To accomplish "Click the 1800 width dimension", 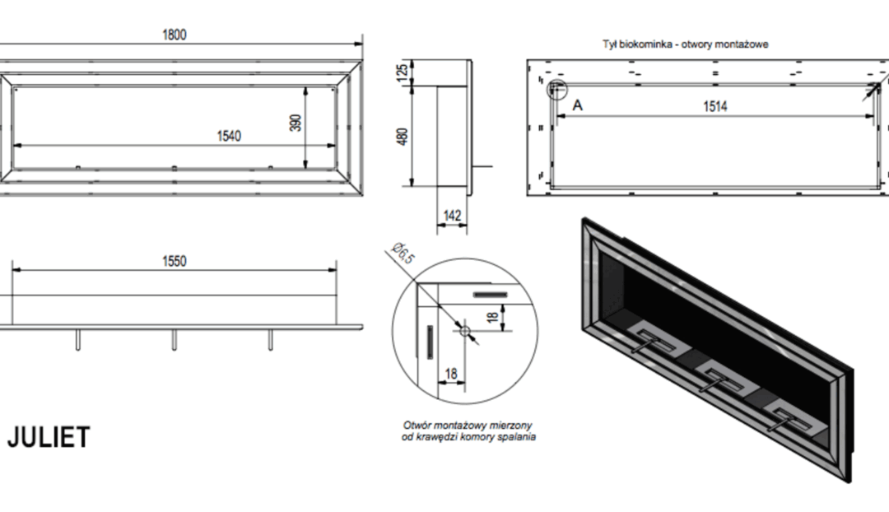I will (x=175, y=35).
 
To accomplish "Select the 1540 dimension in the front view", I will (x=229, y=136).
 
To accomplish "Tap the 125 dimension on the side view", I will (x=403, y=72).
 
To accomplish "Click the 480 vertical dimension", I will (x=403, y=137).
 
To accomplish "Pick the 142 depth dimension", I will (x=452, y=216).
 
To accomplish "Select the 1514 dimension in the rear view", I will (x=715, y=106).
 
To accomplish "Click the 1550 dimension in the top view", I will (x=175, y=261).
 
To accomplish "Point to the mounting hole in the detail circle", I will (x=464, y=330).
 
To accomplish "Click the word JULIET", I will (x=49, y=438).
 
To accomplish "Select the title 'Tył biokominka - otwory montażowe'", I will (x=685, y=44).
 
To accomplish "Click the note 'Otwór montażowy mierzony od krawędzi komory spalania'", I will (x=467, y=431).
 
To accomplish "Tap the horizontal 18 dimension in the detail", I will (x=449, y=373).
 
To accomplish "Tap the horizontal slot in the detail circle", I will (x=491, y=293).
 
